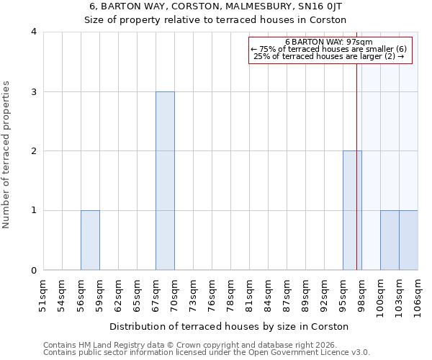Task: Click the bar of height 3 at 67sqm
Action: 165,181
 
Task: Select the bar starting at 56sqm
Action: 90,240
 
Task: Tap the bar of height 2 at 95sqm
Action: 351,210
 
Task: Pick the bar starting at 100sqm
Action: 390,240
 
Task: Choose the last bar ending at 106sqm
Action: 408,240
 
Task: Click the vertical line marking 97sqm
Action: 356,166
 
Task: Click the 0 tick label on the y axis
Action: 33,271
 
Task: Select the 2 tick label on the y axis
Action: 33,151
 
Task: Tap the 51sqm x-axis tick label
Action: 43,294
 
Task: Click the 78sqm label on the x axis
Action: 230,294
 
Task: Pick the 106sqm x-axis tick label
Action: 418,294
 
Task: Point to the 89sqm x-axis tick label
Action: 305,294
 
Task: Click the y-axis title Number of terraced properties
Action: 7,155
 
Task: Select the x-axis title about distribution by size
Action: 229,326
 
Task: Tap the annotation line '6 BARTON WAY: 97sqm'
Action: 329,42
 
